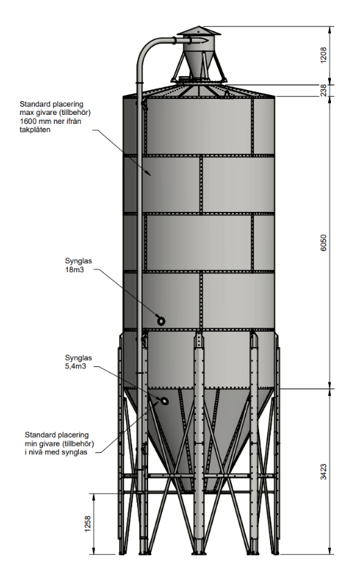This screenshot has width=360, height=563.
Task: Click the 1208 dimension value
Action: pyautogui.click(x=323, y=55)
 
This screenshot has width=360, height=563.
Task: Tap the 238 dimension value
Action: pyautogui.click(x=323, y=90)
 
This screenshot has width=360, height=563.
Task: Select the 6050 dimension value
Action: pyautogui.click(x=323, y=243)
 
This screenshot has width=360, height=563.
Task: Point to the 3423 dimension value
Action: pyautogui.click(x=323, y=472)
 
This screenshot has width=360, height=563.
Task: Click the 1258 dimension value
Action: pyautogui.click(x=88, y=524)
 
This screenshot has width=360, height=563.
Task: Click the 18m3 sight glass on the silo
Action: pyautogui.click(x=161, y=320)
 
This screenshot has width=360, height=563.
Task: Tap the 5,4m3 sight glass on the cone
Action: pyautogui.click(x=164, y=401)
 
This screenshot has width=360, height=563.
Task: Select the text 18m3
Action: pyautogui.click(x=74, y=269)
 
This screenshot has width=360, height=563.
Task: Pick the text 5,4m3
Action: pyautogui.click(x=75, y=366)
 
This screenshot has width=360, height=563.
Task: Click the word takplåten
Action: pyautogui.click(x=35, y=130)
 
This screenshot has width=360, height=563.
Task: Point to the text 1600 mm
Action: pyautogui.click(x=35, y=121)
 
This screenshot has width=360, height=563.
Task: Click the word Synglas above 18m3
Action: pyautogui.click(x=78, y=261)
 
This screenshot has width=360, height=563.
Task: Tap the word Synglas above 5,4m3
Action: pyautogui.click(x=78, y=358)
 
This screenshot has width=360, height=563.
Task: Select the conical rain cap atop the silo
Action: pyautogui.click(x=199, y=32)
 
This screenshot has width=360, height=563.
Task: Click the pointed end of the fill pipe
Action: pyautogui.click(x=207, y=41)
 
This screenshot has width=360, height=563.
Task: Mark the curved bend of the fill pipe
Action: pyautogui.click(x=148, y=48)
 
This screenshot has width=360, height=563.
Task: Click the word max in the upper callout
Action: pyautogui.click(x=26, y=113)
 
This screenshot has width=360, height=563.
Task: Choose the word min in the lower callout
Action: pyautogui.click(x=30, y=444)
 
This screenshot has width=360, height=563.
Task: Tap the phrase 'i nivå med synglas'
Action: pyautogui.click(x=56, y=452)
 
